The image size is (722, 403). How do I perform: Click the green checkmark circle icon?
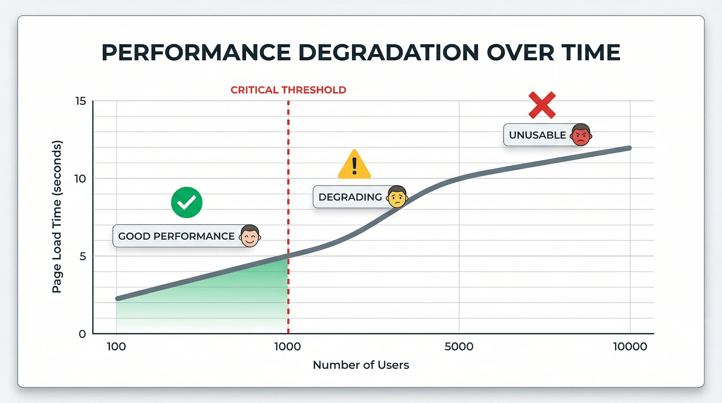[x=187, y=203]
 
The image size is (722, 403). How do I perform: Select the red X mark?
[x=542, y=105]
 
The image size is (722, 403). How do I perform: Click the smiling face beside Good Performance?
[x=250, y=236]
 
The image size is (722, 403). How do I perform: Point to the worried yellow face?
[x=397, y=196]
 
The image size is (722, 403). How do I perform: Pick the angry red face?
[x=581, y=135]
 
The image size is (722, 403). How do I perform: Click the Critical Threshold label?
[x=288, y=90]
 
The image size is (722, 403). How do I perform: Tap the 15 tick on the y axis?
[x=81, y=101]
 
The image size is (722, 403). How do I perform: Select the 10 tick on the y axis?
[x=80, y=179]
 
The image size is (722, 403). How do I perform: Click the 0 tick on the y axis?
[x=82, y=334]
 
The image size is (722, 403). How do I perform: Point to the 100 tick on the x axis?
[x=116, y=346]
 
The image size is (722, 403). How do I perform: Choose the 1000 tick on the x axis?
[x=288, y=346]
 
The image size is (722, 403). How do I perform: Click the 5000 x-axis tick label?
[x=459, y=346]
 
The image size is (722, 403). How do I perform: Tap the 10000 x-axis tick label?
[x=630, y=346]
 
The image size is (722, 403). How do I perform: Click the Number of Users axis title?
[x=361, y=365]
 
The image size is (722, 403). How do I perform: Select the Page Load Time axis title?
[x=57, y=217]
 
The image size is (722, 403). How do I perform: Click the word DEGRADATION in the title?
[x=388, y=53]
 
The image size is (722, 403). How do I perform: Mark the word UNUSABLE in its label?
[x=537, y=135]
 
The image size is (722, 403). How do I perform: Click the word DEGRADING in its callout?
[x=350, y=197]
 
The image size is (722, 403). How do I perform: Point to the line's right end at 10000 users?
[x=629, y=148]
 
